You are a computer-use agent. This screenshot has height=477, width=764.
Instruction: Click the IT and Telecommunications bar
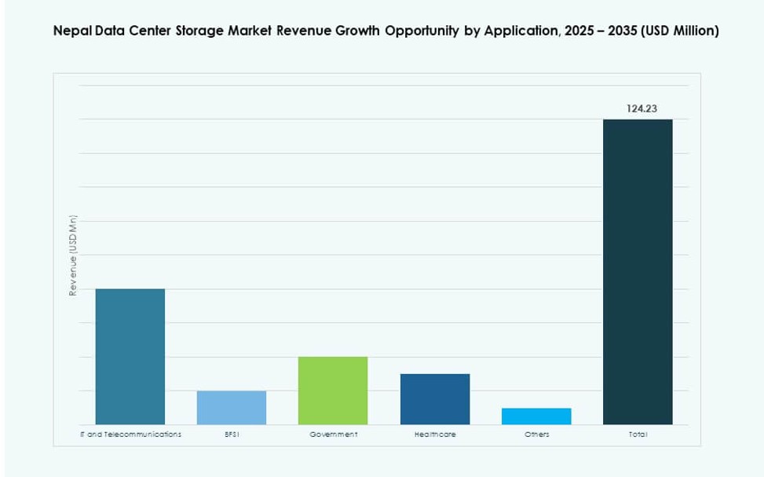130,357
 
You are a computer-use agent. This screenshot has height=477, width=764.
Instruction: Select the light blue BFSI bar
231,408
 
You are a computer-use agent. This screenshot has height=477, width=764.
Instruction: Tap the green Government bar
333,391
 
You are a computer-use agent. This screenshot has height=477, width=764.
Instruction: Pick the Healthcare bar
434,399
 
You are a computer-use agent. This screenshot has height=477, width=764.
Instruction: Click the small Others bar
536,416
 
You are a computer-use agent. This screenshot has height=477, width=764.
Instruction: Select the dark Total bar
638,272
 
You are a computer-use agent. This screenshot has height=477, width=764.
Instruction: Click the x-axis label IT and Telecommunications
130,434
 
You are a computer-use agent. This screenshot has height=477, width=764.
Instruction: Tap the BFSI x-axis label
231,434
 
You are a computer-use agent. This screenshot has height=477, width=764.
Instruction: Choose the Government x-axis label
333,434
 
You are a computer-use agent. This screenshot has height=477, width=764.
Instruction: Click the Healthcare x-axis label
434,434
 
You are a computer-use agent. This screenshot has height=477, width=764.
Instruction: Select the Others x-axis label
536,434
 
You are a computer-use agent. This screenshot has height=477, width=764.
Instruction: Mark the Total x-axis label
638,434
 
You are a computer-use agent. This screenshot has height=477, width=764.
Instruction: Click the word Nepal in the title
70,32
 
